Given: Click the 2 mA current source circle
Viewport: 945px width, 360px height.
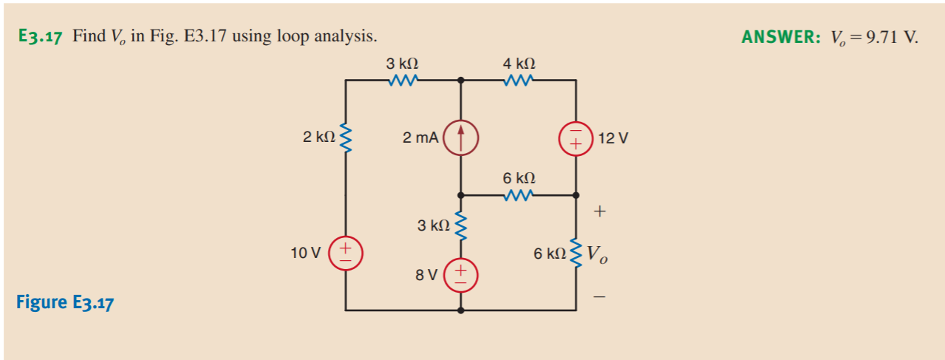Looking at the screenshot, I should click(461, 137).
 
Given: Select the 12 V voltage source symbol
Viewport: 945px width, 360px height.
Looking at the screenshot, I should click(576, 137).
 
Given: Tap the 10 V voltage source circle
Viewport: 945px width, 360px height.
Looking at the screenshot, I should click(345, 252).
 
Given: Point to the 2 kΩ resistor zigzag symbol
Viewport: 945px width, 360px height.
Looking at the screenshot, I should click(345, 137).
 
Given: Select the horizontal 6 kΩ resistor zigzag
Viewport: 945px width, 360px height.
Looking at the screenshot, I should click(519, 196).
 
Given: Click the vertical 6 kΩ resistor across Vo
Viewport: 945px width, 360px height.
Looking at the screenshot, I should click(576, 254).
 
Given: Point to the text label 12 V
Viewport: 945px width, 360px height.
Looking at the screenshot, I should click(613, 138).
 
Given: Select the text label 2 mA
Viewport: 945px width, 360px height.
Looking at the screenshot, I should click(420, 137).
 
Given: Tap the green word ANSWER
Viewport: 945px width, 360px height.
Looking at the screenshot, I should click(779, 37).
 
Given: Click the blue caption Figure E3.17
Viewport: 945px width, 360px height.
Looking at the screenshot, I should click(64, 303).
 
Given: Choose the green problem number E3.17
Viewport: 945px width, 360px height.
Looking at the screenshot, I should click(40, 37).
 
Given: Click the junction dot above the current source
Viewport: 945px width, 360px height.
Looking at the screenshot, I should click(461, 80).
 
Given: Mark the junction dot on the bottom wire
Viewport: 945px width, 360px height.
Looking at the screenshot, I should click(461, 310).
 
